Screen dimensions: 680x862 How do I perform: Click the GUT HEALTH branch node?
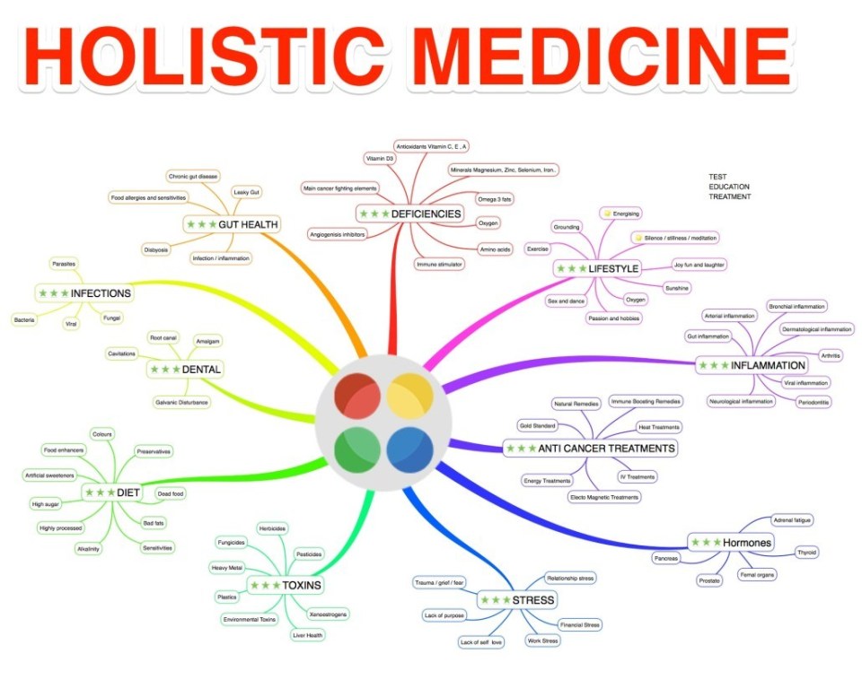click(233, 223)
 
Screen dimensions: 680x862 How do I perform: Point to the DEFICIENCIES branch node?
click(410, 214)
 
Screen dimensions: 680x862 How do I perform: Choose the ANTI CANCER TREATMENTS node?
click(590, 448)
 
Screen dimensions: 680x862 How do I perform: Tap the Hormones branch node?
click(730, 543)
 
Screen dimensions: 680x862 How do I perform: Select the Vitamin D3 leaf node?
click(379, 158)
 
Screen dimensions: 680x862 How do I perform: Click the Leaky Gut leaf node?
click(247, 192)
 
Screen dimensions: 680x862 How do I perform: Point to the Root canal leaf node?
click(163, 337)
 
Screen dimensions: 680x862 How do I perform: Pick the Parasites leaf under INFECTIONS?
click(63, 264)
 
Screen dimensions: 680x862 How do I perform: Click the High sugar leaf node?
click(46, 503)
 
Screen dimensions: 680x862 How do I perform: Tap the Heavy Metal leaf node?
click(226, 568)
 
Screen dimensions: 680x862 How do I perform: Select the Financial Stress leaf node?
click(579, 624)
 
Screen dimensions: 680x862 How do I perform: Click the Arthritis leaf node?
click(831, 356)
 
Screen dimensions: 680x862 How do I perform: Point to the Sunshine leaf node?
click(676, 287)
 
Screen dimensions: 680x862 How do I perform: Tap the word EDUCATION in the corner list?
click(728, 187)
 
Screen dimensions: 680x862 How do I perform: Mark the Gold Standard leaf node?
click(537, 425)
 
